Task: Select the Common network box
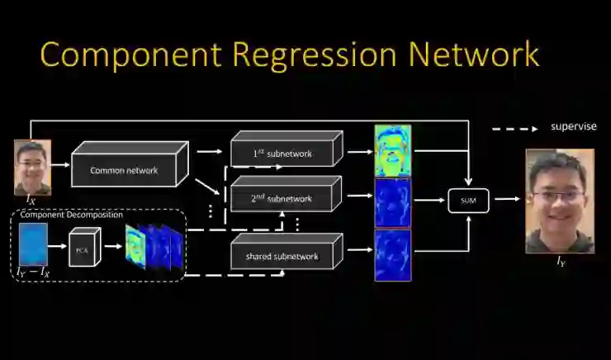coord(125,171)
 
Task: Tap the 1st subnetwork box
coord(282,153)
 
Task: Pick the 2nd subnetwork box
coord(282,198)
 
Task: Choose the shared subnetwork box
coord(282,256)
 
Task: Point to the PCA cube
coord(83,249)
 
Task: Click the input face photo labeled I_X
coord(32,166)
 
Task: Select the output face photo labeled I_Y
coord(560,201)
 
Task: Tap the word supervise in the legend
coord(573,127)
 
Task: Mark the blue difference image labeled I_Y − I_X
coord(33,244)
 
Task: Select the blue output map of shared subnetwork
coord(392,255)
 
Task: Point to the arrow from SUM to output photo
coord(504,199)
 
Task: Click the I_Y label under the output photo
coord(561,262)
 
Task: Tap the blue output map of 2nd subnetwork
coord(392,201)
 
